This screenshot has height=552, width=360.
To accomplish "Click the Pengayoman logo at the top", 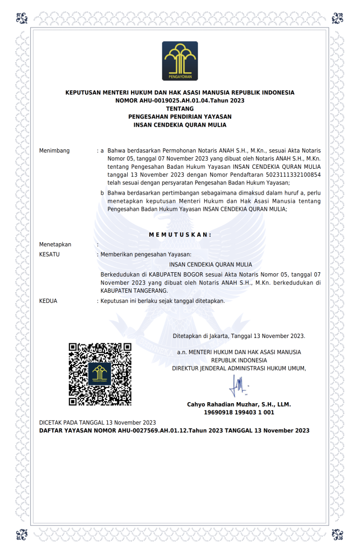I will click(x=179, y=61).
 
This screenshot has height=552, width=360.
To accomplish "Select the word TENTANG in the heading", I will click(x=179, y=108).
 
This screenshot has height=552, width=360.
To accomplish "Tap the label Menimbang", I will click(x=54, y=150).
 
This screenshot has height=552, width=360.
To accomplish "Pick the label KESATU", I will click(x=50, y=253).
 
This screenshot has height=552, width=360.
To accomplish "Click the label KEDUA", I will click(x=49, y=301).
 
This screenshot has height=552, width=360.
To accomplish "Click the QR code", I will click(x=100, y=374).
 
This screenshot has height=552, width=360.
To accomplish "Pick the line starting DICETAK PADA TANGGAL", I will click(x=98, y=422).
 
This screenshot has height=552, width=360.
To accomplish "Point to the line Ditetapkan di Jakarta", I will click(x=239, y=336).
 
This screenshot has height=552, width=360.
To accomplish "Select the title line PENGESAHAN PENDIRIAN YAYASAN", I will click(x=179, y=116).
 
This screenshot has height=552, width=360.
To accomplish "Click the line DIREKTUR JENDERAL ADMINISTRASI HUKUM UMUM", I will click(x=239, y=368).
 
